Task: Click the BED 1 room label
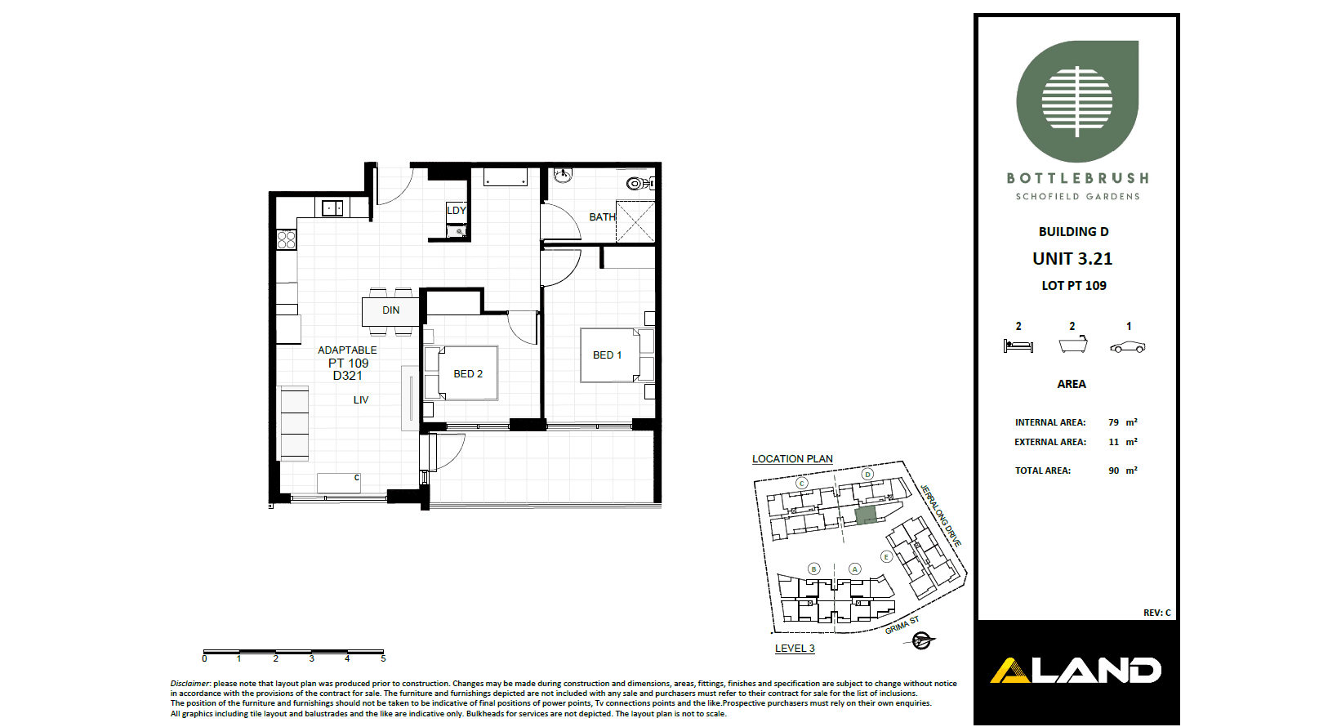click(x=607, y=355)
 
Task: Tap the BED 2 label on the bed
click(x=468, y=374)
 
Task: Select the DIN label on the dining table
click(x=391, y=310)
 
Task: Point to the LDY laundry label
click(x=457, y=210)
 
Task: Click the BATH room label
click(x=602, y=217)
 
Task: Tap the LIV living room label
click(x=361, y=400)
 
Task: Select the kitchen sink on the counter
click(x=332, y=208)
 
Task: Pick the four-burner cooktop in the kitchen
click(x=286, y=239)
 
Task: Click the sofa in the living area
click(x=294, y=423)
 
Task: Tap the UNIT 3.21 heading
click(x=1072, y=259)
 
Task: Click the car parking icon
click(x=1128, y=347)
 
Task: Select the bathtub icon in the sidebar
click(x=1073, y=345)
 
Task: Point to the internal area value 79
click(x=1113, y=422)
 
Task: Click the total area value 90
click(x=1113, y=471)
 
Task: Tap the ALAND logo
click(x=1076, y=671)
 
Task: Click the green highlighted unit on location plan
click(x=865, y=515)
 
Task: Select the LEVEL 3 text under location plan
click(x=795, y=649)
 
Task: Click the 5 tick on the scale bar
click(x=383, y=657)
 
